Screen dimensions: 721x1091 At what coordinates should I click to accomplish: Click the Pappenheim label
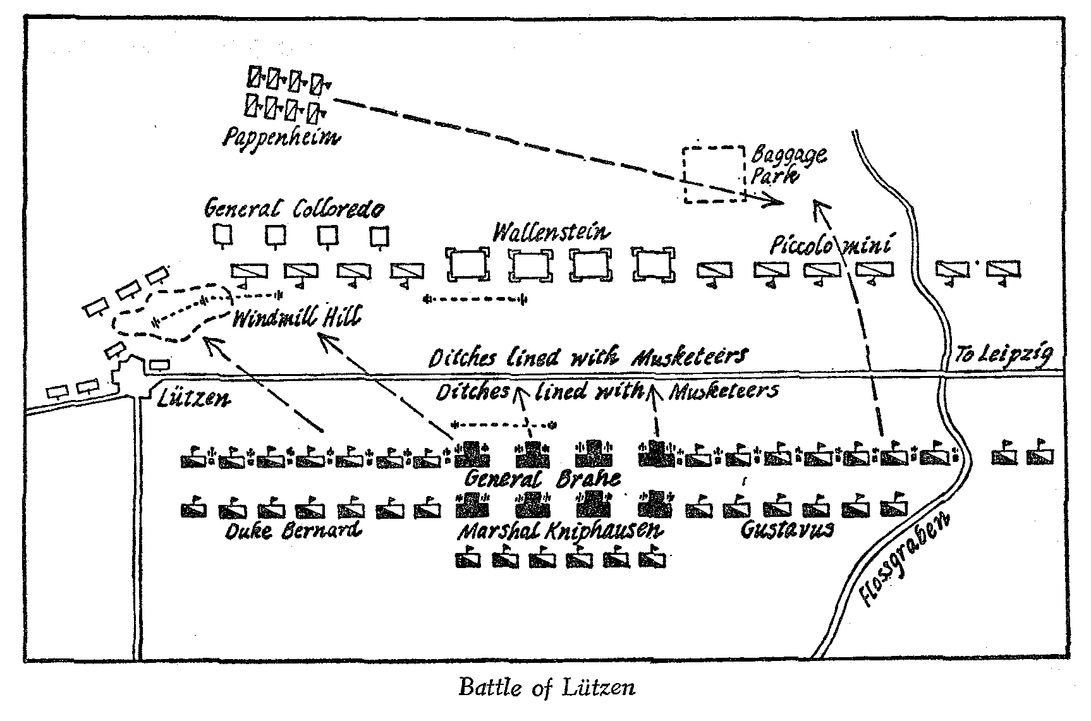[x=279, y=137]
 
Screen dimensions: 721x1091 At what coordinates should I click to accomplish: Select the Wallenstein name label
[x=551, y=233]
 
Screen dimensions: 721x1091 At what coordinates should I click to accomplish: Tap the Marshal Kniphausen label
[x=561, y=531]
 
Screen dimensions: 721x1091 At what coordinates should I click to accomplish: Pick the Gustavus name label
[x=786, y=529]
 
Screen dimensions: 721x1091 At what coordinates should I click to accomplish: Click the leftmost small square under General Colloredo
[x=222, y=235]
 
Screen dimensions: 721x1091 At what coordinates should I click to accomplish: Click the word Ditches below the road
[x=472, y=392]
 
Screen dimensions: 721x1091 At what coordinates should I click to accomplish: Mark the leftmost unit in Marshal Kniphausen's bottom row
[x=468, y=559]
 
